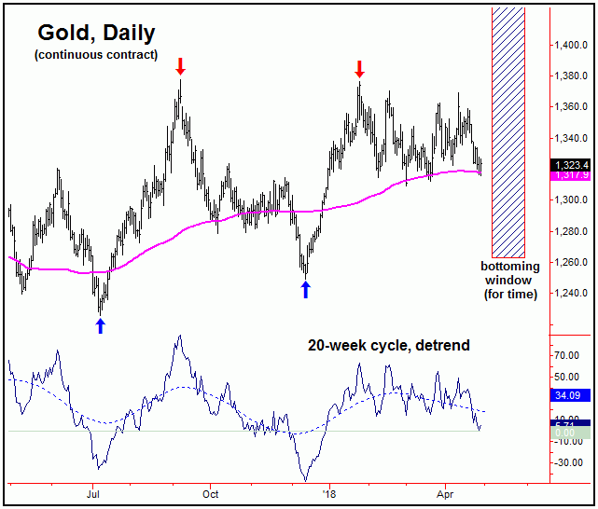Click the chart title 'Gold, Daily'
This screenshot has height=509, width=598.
pyautogui.click(x=96, y=33)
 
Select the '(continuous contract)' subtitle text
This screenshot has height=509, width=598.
pyautogui.click(x=95, y=55)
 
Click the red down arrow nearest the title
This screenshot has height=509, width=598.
pyautogui.click(x=181, y=66)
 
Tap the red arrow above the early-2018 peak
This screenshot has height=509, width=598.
pyautogui.click(x=359, y=68)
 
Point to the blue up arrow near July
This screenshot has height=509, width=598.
pyautogui.click(x=101, y=325)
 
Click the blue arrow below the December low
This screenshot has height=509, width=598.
pyautogui.click(x=305, y=289)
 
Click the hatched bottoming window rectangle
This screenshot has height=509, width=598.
pyautogui.click(x=508, y=131)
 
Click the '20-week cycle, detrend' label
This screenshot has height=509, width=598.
pyautogui.click(x=389, y=345)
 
